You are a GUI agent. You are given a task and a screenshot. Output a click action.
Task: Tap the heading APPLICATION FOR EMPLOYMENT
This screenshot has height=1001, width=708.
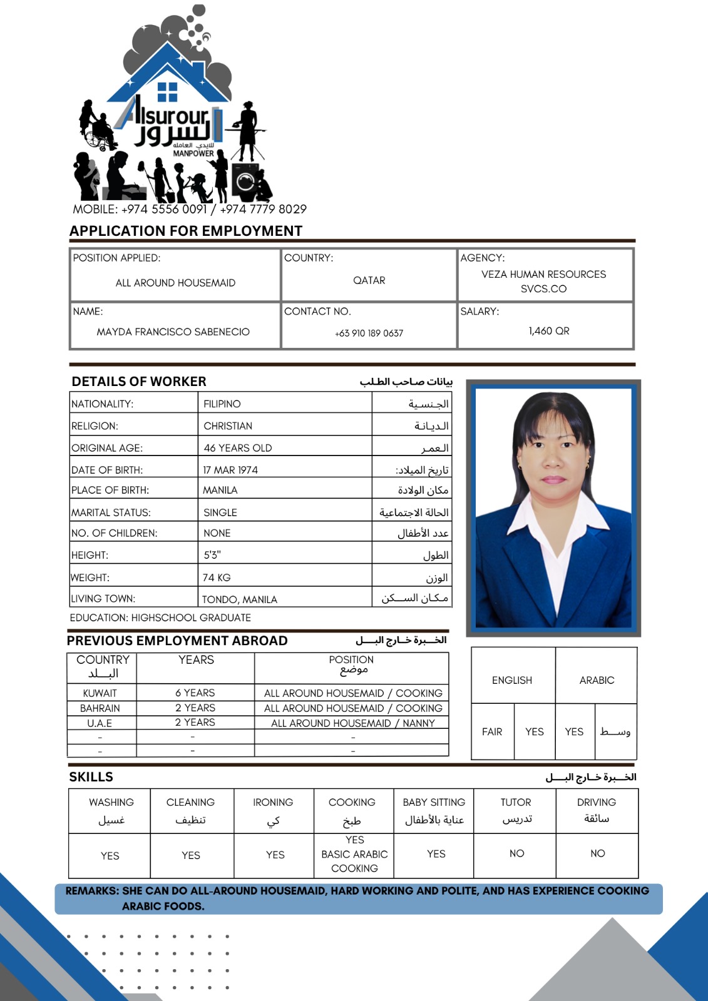coord(186,231)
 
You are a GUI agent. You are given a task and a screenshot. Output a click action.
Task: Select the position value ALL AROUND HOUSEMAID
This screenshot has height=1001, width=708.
coord(175,283)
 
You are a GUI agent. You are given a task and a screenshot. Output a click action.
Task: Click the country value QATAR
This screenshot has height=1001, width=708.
coord(369,280)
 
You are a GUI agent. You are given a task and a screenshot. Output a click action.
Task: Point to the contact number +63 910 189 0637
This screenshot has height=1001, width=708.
coord(369,333)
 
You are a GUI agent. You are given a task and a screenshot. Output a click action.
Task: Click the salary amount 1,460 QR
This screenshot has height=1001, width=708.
coord(548,331)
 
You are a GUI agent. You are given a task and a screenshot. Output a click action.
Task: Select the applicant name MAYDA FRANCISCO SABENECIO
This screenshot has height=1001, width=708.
coord(173,332)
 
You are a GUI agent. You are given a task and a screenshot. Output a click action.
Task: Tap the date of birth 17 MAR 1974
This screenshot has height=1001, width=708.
coord(230,470)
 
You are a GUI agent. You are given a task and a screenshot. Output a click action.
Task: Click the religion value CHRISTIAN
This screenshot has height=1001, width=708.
coord(228,426)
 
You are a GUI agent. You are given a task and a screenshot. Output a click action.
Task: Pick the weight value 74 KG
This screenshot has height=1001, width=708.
coord(217,577)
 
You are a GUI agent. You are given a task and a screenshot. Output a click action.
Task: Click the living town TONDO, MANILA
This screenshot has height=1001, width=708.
coord(239,599)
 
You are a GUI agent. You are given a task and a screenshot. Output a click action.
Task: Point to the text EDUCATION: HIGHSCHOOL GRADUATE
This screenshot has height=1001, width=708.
coord(160,617)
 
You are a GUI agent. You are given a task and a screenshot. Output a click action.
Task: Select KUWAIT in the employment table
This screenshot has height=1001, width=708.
coord(100,693)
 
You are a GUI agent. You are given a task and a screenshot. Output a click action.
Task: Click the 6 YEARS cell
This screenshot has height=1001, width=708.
coord(195,693)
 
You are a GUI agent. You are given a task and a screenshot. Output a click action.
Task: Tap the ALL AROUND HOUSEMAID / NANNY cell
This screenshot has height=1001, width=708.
coord(352,723)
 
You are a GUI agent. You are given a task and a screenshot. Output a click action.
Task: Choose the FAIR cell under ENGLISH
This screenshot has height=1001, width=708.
coord(492,731)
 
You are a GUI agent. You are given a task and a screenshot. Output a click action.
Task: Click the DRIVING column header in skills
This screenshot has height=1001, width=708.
coord(596,802)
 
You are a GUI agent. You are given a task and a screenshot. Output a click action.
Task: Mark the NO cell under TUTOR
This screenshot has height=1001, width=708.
coord(516,853)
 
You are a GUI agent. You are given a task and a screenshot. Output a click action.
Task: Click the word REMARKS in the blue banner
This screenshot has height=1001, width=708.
coord(91,890)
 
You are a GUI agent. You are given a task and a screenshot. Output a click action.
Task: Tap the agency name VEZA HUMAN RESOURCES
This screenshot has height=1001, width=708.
coord(543,274)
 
